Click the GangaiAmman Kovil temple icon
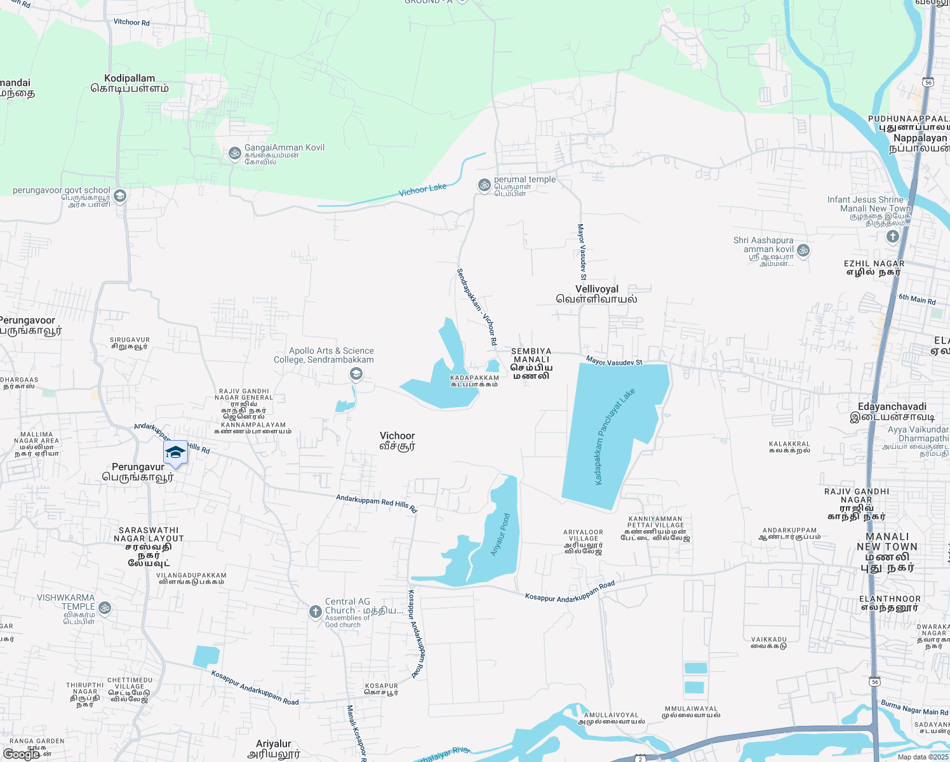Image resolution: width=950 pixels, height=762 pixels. (x=234, y=153)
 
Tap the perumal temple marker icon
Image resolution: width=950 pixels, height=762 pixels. (x=484, y=185)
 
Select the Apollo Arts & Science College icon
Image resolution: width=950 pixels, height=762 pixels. (x=356, y=375)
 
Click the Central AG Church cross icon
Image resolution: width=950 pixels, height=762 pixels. (x=315, y=612)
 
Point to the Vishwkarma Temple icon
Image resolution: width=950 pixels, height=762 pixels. (x=105, y=608)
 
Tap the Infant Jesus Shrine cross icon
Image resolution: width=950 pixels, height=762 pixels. (x=892, y=237)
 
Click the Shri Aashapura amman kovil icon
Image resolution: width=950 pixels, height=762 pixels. (x=803, y=250)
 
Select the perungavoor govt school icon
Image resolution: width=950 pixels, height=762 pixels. (x=120, y=196)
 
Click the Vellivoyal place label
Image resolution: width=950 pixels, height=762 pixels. (x=597, y=294)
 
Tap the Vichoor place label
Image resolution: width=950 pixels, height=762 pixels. (x=398, y=441)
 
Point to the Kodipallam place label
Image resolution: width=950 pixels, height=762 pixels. (x=130, y=83)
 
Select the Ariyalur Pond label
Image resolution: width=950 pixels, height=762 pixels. (x=500, y=535)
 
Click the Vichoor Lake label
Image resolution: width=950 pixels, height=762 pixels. (x=422, y=190)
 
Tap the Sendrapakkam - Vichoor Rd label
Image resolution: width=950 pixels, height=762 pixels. (x=476, y=307)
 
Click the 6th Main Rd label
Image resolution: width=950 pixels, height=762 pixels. (x=917, y=299)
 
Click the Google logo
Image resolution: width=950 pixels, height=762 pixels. (x=21, y=754)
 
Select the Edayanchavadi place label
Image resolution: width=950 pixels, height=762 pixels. (x=892, y=412)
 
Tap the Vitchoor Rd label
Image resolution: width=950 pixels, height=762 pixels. (x=131, y=22)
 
